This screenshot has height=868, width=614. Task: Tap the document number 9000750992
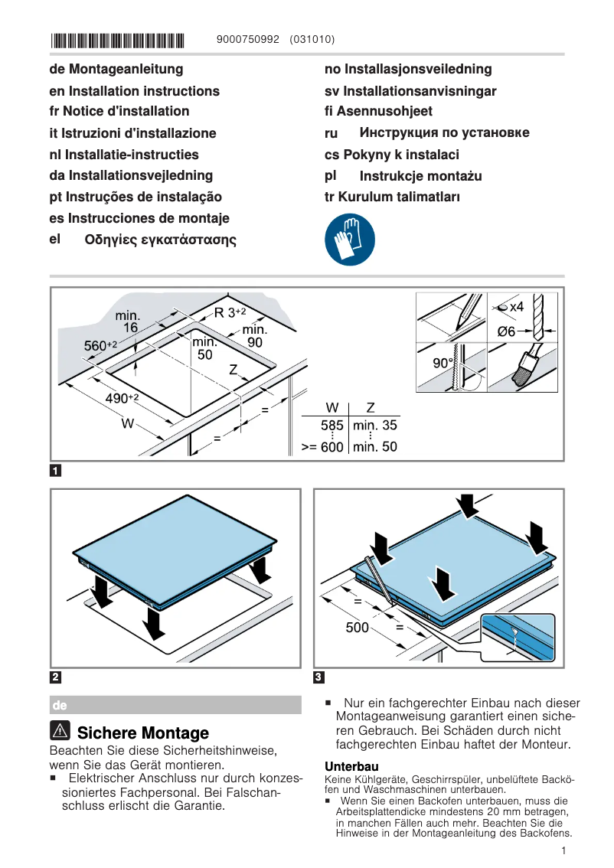click(x=249, y=39)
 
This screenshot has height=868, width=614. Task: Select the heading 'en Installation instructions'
click(x=134, y=91)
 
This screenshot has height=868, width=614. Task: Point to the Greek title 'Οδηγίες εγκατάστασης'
click(x=160, y=240)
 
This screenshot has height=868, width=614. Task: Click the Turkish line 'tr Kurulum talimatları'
click(x=392, y=197)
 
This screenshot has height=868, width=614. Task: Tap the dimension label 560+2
click(x=100, y=346)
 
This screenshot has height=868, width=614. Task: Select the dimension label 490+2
click(x=121, y=398)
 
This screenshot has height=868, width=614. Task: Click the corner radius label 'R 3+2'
click(x=230, y=312)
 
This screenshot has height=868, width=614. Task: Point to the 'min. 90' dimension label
click(x=254, y=336)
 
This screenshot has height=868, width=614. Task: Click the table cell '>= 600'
click(x=322, y=447)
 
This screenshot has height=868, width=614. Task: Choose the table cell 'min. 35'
click(x=374, y=426)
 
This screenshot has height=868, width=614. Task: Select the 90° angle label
click(x=443, y=363)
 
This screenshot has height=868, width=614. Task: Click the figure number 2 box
click(x=55, y=677)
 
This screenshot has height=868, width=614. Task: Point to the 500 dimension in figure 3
click(x=357, y=628)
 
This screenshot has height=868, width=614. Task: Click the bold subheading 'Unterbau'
click(x=351, y=766)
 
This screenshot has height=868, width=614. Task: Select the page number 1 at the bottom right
click(x=563, y=850)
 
